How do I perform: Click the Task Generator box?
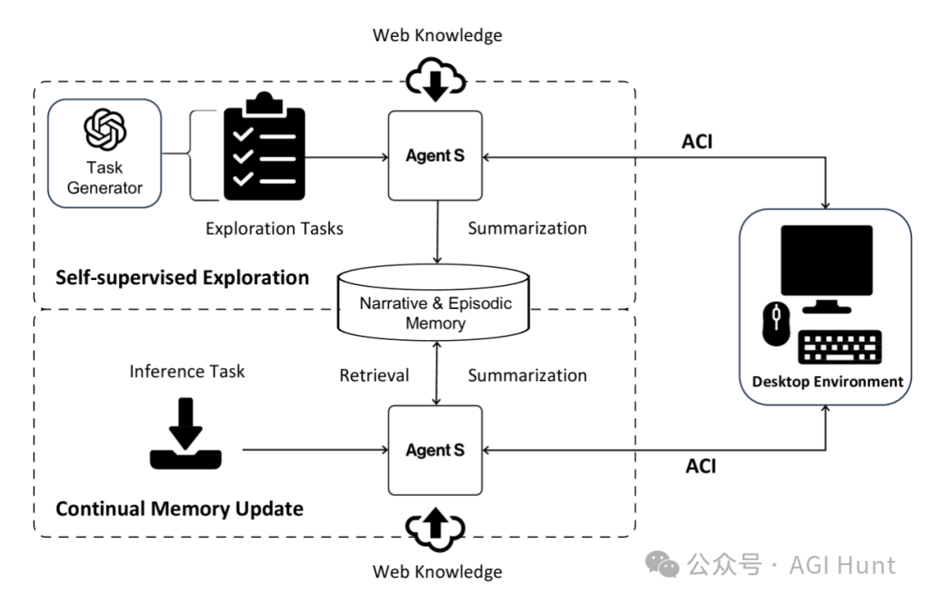point(105,153)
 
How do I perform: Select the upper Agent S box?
point(435,157)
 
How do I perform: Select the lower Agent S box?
point(435,450)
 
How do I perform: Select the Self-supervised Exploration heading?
point(182,277)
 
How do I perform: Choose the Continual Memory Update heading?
point(179,509)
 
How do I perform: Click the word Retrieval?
point(373,375)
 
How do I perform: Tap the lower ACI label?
point(700,466)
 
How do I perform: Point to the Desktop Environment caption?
point(827,381)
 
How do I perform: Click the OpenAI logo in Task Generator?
point(105,131)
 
